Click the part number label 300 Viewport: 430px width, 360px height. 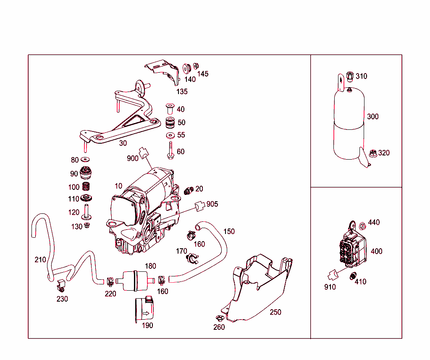point(372,116)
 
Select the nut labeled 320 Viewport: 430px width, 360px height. point(372,153)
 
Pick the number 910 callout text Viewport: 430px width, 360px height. point(330,287)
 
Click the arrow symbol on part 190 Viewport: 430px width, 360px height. point(146,313)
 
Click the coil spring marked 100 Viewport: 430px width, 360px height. point(86,187)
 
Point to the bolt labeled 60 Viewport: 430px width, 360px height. point(170,150)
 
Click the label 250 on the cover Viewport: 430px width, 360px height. point(275,312)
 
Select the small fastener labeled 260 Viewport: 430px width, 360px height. point(218,318)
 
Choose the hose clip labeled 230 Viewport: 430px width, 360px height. point(60,286)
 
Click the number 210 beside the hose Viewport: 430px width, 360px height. point(40,260)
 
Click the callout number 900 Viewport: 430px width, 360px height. point(133,158)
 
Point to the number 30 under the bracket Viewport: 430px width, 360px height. point(123,143)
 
